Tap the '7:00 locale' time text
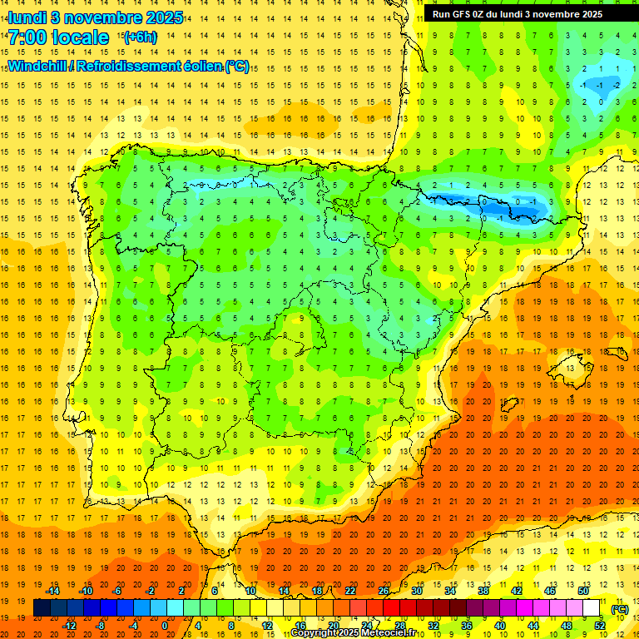(59, 37)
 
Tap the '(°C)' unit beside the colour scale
(620, 609)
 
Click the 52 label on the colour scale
(600, 626)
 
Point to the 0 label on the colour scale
(165, 626)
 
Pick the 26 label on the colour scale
(384, 591)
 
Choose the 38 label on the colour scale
(483, 591)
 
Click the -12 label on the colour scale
(69, 626)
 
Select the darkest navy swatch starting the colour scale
(42, 608)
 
